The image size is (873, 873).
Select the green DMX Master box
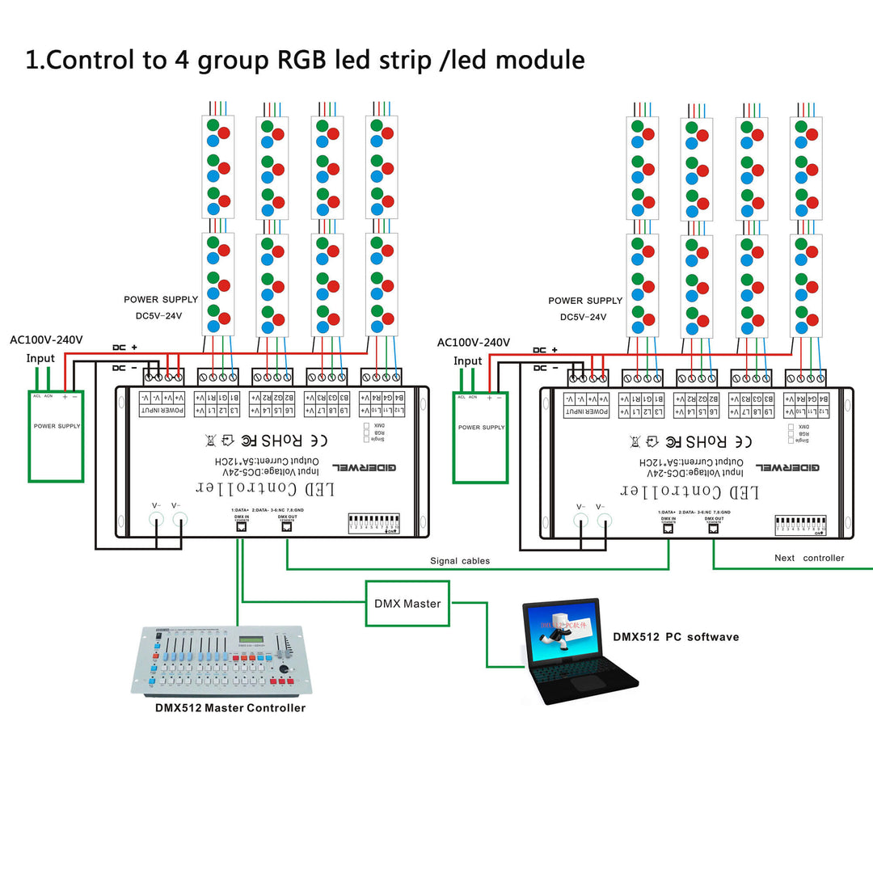click(x=407, y=603)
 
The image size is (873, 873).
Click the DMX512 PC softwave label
click(x=676, y=637)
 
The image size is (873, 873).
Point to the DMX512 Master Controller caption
click(x=230, y=708)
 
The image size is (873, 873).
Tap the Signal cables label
click(x=460, y=560)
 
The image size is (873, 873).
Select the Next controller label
click(x=808, y=558)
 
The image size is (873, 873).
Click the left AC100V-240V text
click(x=45, y=340)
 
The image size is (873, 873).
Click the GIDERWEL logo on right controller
click(x=787, y=467)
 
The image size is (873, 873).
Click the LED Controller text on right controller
click(x=690, y=491)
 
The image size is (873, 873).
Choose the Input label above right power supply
click(x=467, y=361)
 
